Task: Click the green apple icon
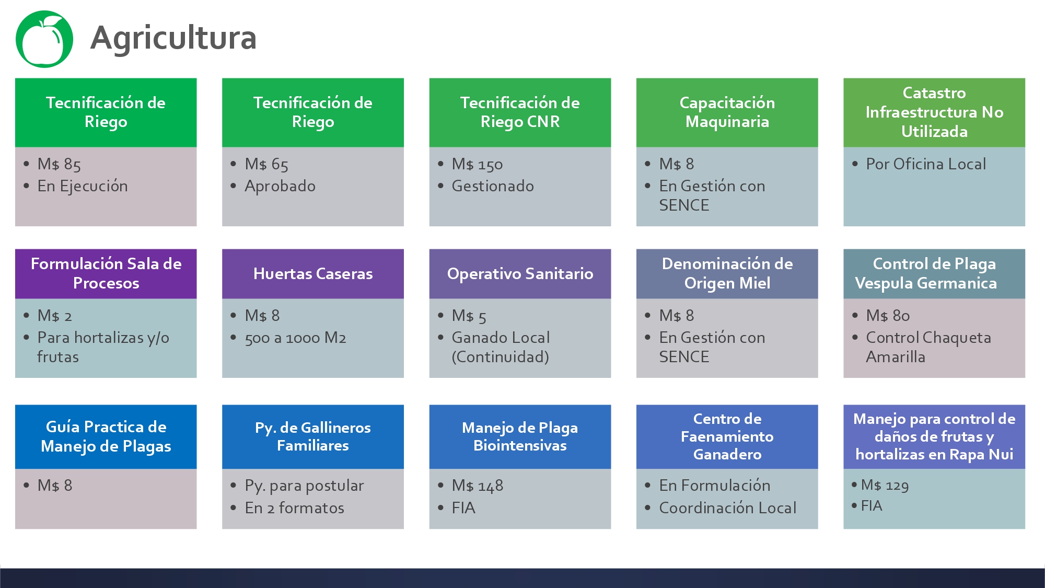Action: [44, 39]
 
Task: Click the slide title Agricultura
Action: [173, 38]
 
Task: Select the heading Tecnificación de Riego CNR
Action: [520, 112]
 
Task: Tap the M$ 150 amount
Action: [477, 164]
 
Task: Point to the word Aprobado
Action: [280, 186]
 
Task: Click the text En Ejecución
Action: [83, 186]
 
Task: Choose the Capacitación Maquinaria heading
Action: [727, 112]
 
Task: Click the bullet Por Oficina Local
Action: [926, 164]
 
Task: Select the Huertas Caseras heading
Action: [313, 273]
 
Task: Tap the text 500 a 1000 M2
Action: [295, 338]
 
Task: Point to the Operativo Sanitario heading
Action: [520, 273]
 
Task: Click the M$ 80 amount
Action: [888, 316]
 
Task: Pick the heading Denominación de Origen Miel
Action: [727, 273]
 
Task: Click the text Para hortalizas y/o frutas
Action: [103, 347]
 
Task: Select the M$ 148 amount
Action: [478, 486]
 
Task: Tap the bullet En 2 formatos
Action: [295, 508]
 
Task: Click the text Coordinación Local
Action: [728, 508]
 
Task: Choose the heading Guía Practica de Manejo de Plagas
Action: [106, 436]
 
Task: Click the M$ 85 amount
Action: [59, 164]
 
